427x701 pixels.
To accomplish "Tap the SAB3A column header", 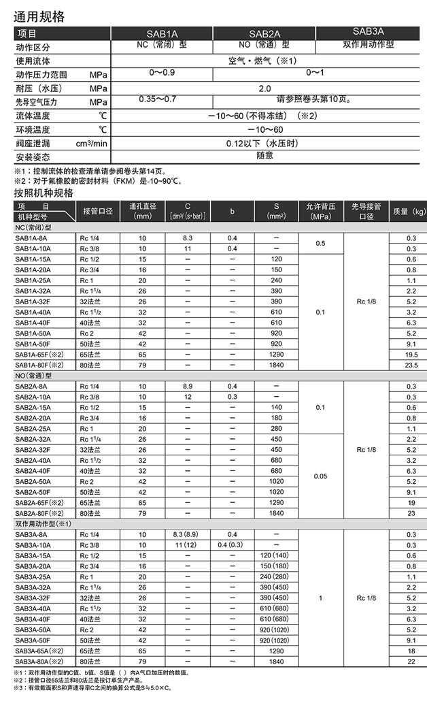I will [x=369, y=31].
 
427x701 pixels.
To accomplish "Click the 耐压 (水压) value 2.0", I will [x=264, y=88].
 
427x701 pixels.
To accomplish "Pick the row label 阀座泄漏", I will [x=33, y=143].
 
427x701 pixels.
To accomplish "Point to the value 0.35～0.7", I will [x=157, y=99].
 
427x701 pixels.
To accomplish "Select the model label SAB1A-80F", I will [x=39, y=365].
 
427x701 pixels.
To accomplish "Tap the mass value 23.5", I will [x=411, y=365].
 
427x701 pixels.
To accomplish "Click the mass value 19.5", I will [x=411, y=355].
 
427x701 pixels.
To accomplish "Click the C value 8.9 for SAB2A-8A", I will [x=188, y=387].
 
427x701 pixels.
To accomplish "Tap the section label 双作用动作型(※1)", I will [x=39, y=523].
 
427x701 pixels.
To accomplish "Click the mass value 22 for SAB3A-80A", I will [x=411, y=661].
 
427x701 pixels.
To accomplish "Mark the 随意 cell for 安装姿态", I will [x=264, y=155].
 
